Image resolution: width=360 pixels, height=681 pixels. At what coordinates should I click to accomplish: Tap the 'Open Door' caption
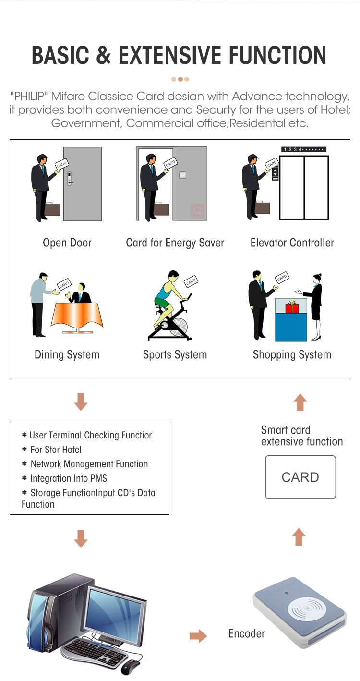coord(67,243)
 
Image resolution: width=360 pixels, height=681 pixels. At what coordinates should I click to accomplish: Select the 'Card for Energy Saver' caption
coord(175,243)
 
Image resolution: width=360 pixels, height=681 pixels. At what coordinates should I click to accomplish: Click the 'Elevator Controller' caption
coord(292,243)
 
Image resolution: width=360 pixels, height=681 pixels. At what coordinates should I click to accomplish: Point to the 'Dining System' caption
coord(67,355)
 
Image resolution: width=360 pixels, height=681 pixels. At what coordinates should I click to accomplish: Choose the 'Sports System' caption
coord(175,355)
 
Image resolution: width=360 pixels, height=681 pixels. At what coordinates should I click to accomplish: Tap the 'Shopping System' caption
coord(292,355)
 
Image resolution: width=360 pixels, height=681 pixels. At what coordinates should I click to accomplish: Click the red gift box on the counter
coord(292,307)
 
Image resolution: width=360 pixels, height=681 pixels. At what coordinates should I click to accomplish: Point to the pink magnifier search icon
coord(197,210)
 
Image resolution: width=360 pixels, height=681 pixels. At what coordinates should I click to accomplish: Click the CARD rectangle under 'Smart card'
coord(300,477)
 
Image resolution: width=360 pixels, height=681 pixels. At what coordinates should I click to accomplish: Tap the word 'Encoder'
coord(246,634)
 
